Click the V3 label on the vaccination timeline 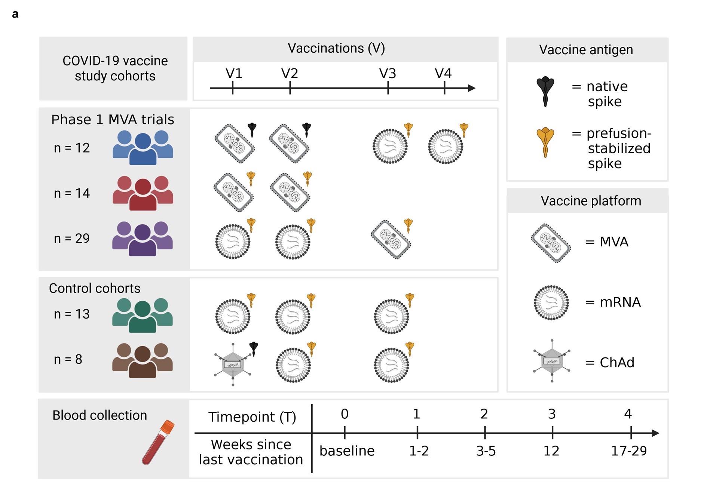click(x=388, y=74)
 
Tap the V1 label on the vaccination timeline click(x=234, y=74)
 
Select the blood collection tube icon click(x=158, y=443)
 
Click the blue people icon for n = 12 click(x=143, y=148)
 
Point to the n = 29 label click(x=72, y=239)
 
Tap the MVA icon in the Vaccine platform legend click(x=551, y=243)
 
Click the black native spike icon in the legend click(x=545, y=91)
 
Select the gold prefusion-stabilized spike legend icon click(x=545, y=142)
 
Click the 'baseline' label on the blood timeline click(x=347, y=451)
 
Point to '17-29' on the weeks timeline click(x=629, y=451)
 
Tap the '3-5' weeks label click(x=486, y=451)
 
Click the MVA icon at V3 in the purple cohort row click(x=391, y=240)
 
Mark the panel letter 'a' click(x=15, y=14)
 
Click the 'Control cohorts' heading click(x=95, y=288)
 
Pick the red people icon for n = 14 click(x=143, y=193)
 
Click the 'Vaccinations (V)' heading click(x=336, y=48)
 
